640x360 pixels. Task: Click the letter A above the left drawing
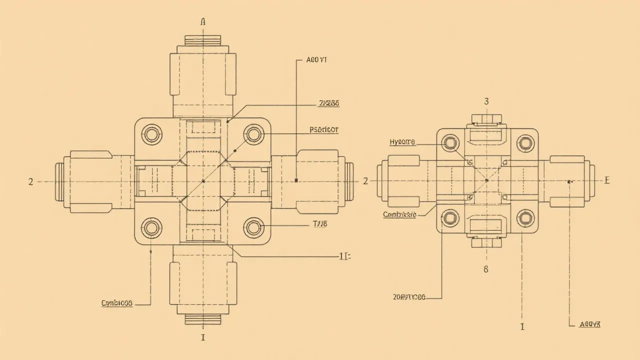click(x=203, y=21)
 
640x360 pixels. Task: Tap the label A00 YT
click(x=316, y=60)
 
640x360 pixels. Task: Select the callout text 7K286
click(x=329, y=103)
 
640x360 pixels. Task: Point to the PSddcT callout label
click(x=324, y=129)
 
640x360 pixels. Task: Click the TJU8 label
click(x=319, y=224)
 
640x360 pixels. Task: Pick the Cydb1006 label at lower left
click(x=117, y=303)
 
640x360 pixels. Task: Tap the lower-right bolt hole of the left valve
click(x=253, y=228)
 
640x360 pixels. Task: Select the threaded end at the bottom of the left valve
click(x=203, y=318)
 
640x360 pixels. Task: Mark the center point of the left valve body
click(x=203, y=181)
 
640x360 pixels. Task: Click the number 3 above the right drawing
click(x=486, y=101)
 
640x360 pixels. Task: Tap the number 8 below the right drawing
click(x=485, y=269)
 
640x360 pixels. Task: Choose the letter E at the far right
click(x=607, y=180)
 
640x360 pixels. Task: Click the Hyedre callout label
click(x=402, y=142)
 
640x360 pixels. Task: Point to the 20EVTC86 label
click(x=409, y=297)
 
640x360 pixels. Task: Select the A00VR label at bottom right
click(x=589, y=324)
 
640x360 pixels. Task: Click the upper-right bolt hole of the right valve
click(x=525, y=143)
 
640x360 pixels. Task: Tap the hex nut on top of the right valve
click(x=486, y=118)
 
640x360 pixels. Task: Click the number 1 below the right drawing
click(x=522, y=327)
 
